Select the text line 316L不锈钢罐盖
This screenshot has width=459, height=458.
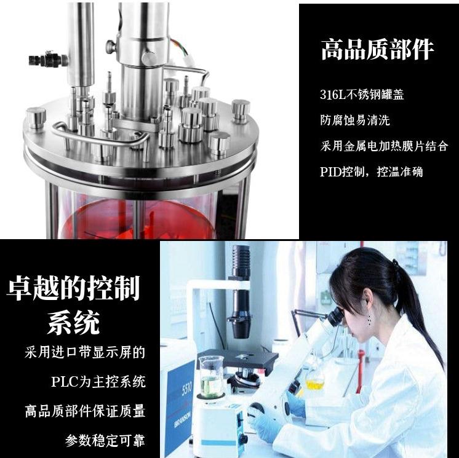pyautogui.click(x=362, y=95)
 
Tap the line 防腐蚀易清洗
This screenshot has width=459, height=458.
pyautogui.click(x=355, y=120)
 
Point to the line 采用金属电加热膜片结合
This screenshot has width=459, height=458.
pyautogui.click(x=385, y=146)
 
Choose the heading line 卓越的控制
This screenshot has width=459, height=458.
pyautogui.click(x=73, y=287)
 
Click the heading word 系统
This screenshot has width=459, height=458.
pyautogui.click(x=73, y=321)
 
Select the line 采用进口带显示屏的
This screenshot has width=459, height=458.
pyautogui.click(x=85, y=353)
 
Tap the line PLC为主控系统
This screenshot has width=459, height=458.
pyautogui.click(x=98, y=382)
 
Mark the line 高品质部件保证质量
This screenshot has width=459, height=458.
pyautogui.click(x=85, y=411)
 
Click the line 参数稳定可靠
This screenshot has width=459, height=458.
pyautogui.click(x=105, y=440)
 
